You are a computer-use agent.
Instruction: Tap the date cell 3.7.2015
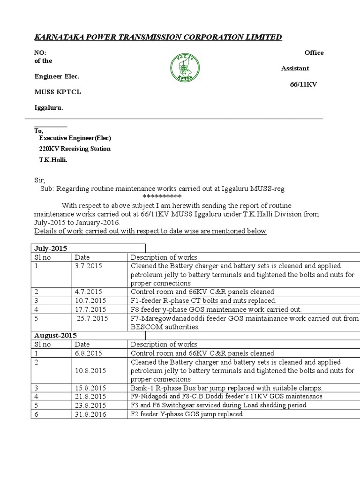click(x=86, y=266)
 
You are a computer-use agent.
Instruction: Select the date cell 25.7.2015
click(x=92, y=319)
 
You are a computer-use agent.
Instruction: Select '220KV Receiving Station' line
click(x=75, y=149)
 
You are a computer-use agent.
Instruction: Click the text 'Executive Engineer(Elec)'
click(x=75, y=138)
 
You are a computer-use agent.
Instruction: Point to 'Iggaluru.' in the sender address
click(x=49, y=107)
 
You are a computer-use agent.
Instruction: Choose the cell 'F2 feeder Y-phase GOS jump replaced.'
click(x=187, y=414)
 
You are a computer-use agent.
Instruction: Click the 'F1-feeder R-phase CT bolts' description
click(x=203, y=300)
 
